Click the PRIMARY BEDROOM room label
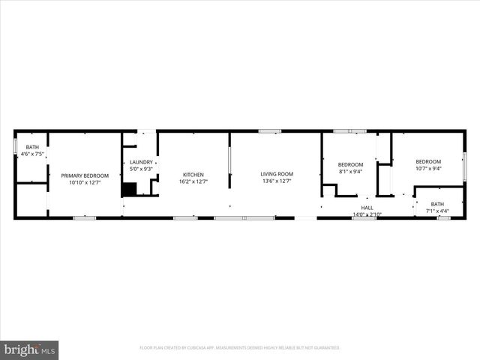pyautogui.click(x=85, y=175)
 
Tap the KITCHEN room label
pyautogui.click(x=193, y=175)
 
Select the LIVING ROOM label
pyautogui.click(x=276, y=174)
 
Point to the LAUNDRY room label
pyautogui.click(x=141, y=162)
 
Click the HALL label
pyautogui.click(x=367, y=208)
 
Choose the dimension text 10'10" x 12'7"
pyautogui.click(x=85, y=182)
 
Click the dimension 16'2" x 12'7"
pyautogui.click(x=193, y=181)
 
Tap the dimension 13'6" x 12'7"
pyautogui.click(x=276, y=181)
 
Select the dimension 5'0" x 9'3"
pyautogui.click(x=141, y=169)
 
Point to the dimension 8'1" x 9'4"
pyautogui.click(x=350, y=171)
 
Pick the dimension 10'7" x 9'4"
pyautogui.click(x=428, y=168)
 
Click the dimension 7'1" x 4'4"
pyautogui.click(x=437, y=210)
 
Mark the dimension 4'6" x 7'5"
pyautogui.click(x=32, y=154)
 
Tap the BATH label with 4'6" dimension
pyautogui.click(x=32, y=147)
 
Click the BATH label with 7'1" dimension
pyautogui.click(x=437, y=204)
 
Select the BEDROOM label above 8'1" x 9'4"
pyautogui.click(x=350, y=165)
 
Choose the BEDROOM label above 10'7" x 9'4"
pyautogui.click(x=428, y=161)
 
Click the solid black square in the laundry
pyautogui.click(x=130, y=189)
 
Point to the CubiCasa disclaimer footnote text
pyautogui.click(x=240, y=348)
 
